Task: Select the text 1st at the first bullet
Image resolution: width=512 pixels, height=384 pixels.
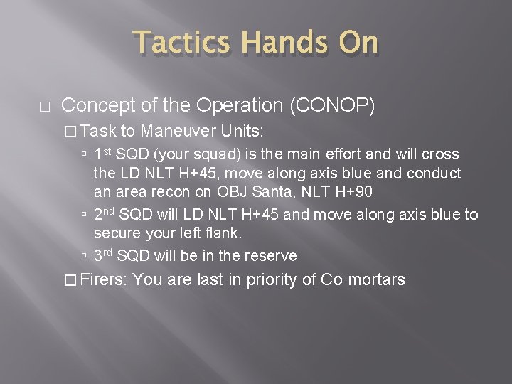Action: tap(102, 154)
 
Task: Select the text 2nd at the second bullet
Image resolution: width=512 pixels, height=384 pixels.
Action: tap(105, 214)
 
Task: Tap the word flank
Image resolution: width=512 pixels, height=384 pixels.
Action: tap(225, 233)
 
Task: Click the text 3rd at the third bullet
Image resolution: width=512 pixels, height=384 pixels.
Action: tap(104, 255)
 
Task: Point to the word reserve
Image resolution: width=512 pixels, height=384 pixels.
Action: tap(272, 256)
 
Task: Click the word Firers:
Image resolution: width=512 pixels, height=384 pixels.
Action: tap(104, 279)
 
